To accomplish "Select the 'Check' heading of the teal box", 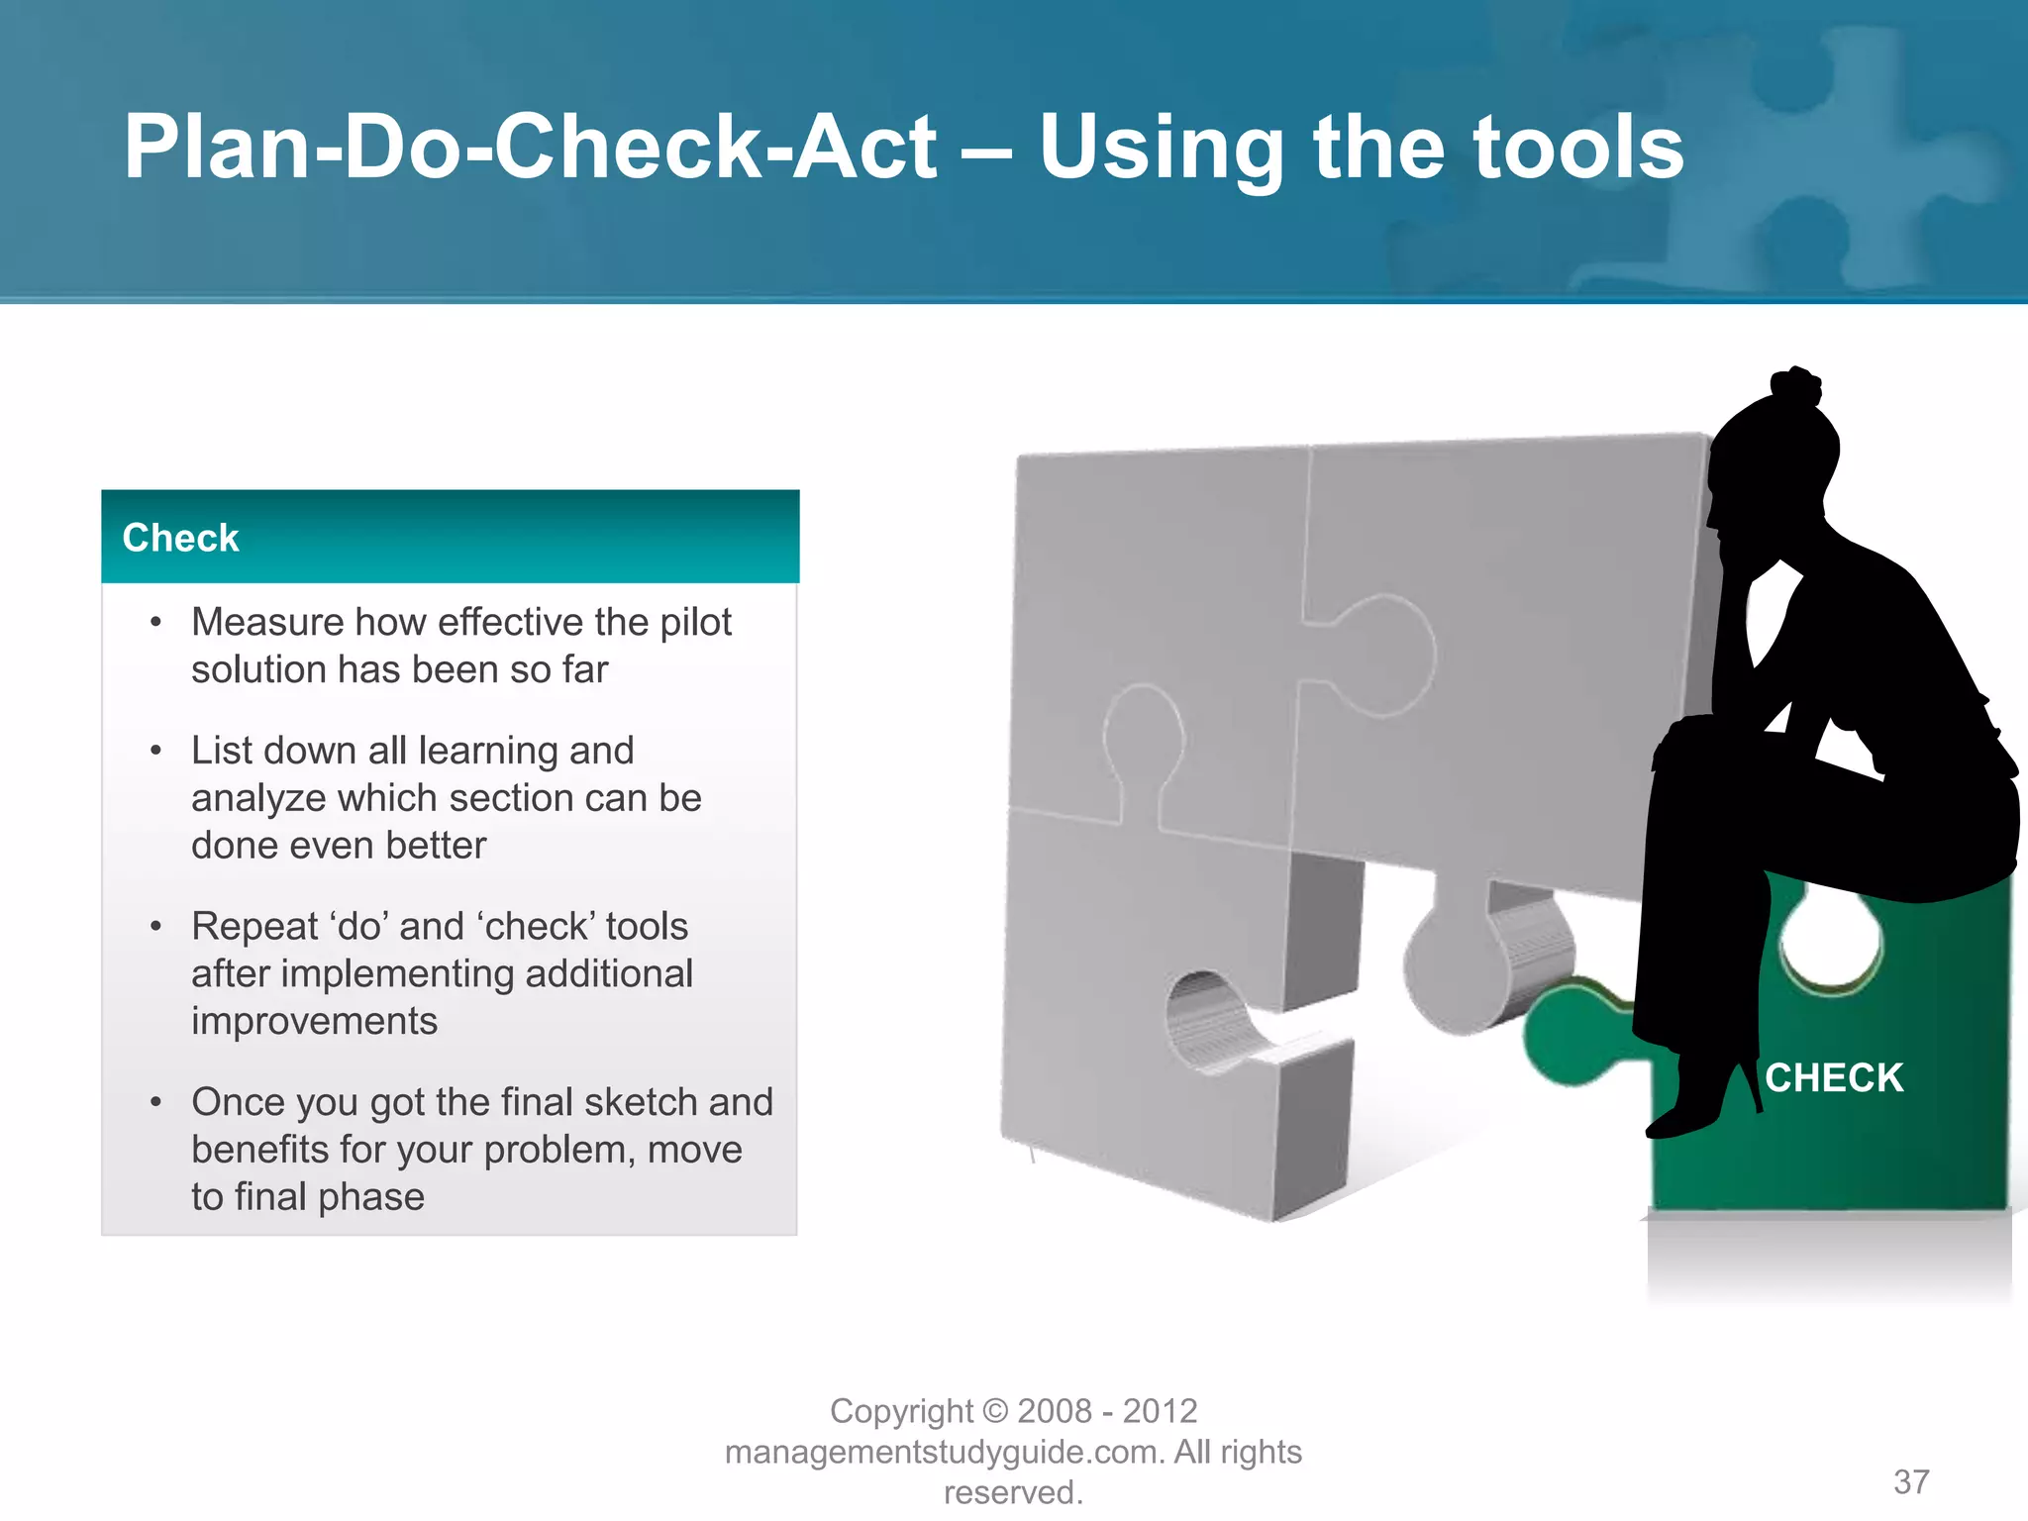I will click(180, 538).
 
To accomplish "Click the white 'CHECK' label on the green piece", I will click(1834, 1077).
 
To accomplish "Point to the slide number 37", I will click(1911, 1481).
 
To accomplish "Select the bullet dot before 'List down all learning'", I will click(155, 751).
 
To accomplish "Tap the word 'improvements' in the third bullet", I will click(314, 1021).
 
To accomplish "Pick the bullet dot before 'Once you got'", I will click(155, 1102).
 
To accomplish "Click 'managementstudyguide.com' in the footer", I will click(945, 1452).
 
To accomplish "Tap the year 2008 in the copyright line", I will click(1055, 1410).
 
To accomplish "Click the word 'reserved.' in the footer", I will click(1013, 1492).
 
